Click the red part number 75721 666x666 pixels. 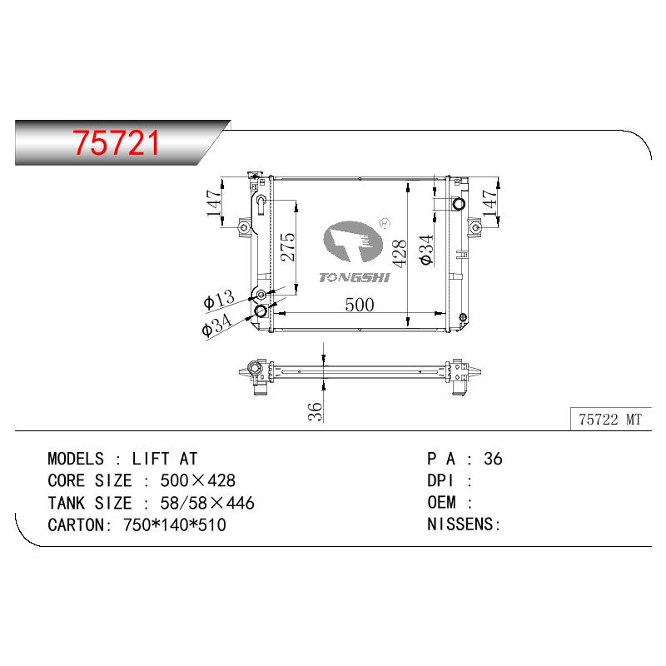(x=116, y=142)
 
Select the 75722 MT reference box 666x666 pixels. (x=610, y=420)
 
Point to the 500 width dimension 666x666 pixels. (x=360, y=305)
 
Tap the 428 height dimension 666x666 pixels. (x=400, y=254)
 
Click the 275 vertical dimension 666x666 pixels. (x=287, y=246)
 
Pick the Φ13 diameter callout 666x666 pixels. (x=219, y=299)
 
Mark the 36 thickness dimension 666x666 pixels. (x=316, y=411)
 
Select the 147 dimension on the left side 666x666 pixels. (x=214, y=202)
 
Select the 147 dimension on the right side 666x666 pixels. (x=490, y=202)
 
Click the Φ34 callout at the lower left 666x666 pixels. (x=216, y=325)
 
